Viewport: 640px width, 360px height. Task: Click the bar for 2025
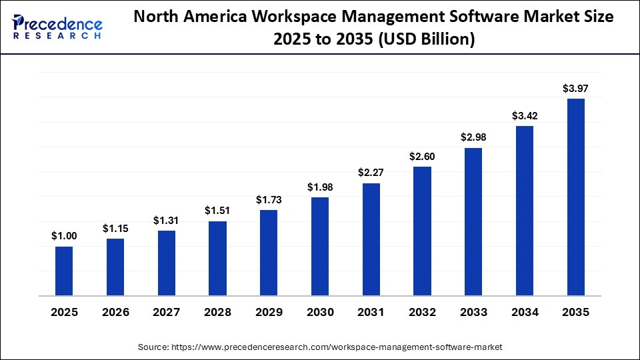(64, 271)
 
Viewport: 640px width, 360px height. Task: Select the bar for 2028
(217, 258)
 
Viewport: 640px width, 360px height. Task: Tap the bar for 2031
(371, 239)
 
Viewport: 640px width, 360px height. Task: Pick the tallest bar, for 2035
(575, 197)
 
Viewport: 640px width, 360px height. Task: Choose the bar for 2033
(473, 221)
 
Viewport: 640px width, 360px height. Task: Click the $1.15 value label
(115, 228)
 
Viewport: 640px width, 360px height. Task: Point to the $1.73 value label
(269, 200)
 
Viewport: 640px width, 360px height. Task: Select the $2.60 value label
(422, 157)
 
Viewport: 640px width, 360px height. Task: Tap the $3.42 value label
(525, 116)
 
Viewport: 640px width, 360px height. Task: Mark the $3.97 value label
(575, 89)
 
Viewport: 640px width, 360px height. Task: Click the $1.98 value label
(320, 187)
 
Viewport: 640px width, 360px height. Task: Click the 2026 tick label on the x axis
(115, 312)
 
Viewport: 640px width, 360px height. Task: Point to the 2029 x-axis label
(269, 312)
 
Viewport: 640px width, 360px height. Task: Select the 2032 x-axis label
(422, 312)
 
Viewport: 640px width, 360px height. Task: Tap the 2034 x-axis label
(525, 312)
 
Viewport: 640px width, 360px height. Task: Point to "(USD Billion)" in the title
(427, 40)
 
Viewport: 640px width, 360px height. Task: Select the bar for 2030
(320, 246)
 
